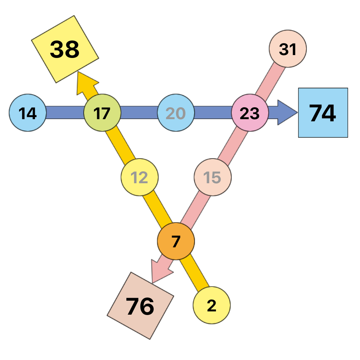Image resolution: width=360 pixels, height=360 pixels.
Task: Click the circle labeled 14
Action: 28,113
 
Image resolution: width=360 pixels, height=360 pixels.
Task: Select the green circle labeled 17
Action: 102,113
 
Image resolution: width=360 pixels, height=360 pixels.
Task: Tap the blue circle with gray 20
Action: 176,113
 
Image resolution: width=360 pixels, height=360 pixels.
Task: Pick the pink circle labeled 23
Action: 250,113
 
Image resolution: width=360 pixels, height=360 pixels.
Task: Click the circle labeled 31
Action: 288,49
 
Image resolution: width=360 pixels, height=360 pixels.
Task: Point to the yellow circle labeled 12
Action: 140,177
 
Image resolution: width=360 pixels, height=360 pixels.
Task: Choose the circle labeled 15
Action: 213,177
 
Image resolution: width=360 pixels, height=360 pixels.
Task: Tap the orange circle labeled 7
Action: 176,241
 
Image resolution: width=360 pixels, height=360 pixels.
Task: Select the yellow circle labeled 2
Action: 212,305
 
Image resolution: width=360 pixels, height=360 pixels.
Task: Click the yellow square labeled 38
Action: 65,49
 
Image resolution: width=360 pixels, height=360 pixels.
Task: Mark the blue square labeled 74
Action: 323,113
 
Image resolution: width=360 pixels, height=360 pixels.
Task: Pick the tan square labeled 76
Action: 140,306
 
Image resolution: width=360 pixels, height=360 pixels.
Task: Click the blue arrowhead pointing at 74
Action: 287,112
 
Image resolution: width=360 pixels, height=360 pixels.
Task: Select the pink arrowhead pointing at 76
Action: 160,271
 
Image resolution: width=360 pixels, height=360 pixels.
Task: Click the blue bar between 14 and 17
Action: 65,112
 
